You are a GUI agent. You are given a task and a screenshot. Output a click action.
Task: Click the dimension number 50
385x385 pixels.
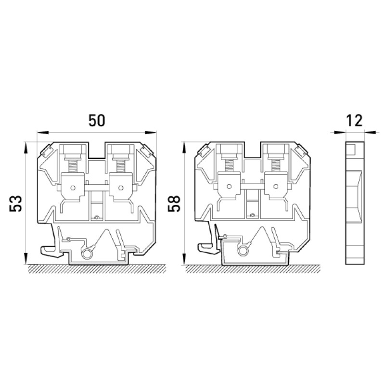97,120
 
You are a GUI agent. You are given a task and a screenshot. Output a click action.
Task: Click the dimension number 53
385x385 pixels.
16,204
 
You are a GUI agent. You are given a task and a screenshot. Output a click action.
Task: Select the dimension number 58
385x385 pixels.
174,204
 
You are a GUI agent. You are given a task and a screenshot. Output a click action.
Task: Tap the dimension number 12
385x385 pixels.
354,121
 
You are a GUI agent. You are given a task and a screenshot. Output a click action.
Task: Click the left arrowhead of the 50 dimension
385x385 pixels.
42,133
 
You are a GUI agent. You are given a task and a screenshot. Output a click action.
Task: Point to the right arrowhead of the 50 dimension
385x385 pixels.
151,133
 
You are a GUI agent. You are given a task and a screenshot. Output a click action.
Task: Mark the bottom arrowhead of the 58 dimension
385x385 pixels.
184,259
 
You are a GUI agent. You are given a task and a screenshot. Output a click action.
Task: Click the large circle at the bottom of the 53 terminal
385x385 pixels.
87,254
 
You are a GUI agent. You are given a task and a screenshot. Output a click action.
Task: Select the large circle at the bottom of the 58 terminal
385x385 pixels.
243,251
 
